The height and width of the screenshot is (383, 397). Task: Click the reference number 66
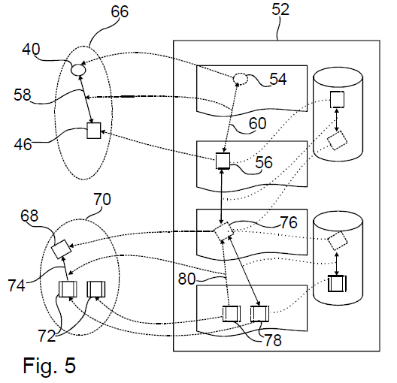click(120, 11)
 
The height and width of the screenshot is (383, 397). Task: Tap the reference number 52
click(280, 10)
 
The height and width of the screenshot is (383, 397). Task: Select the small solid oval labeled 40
click(78, 69)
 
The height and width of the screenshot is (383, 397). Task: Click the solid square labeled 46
click(94, 131)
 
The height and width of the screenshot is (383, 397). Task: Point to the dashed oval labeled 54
click(241, 79)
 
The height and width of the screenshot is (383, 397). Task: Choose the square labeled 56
click(223, 161)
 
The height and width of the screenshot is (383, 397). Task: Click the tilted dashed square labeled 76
click(223, 231)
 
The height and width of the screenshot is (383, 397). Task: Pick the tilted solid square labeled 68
click(61, 249)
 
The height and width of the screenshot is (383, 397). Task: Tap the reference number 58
click(23, 95)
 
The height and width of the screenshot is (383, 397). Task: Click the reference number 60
click(257, 123)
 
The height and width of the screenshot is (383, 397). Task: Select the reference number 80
click(187, 279)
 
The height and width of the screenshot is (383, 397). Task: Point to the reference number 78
click(273, 340)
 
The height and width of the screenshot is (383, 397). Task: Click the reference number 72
click(47, 336)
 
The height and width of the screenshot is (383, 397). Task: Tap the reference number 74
click(17, 285)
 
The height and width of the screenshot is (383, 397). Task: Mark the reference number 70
click(102, 199)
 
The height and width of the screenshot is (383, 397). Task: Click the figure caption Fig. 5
click(50, 365)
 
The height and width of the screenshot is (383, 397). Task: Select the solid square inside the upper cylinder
click(337, 99)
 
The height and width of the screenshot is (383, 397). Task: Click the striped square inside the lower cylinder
click(337, 283)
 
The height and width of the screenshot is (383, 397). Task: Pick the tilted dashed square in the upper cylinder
click(338, 140)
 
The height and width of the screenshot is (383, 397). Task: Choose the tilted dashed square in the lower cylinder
click(338, 241)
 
